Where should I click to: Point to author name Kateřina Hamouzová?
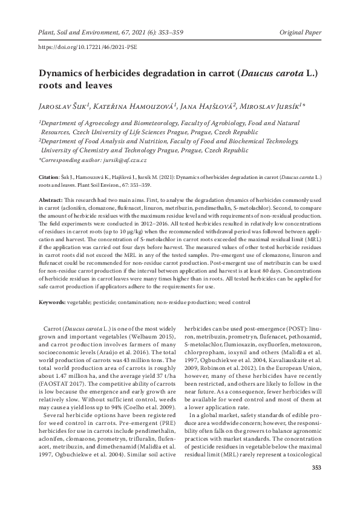coord(136,106)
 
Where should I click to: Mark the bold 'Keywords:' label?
coord(52,301)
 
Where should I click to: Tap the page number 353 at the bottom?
coord(315,485)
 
